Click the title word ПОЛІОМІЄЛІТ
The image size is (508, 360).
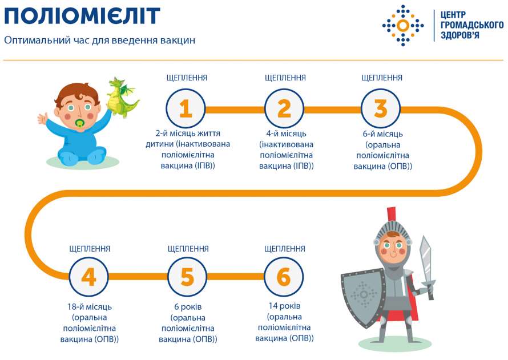82,17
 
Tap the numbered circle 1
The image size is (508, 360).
186,108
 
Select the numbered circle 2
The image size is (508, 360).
284,108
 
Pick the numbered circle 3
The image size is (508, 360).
381,108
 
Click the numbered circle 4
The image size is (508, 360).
89,277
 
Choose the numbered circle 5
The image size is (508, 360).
187,277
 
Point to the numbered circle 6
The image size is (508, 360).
284,277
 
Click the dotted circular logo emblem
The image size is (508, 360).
403,25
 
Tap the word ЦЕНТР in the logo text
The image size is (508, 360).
453,15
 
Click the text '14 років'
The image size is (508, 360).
284,306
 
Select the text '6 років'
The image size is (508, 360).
188,306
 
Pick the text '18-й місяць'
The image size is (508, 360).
90,306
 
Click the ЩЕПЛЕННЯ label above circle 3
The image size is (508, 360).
382,78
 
